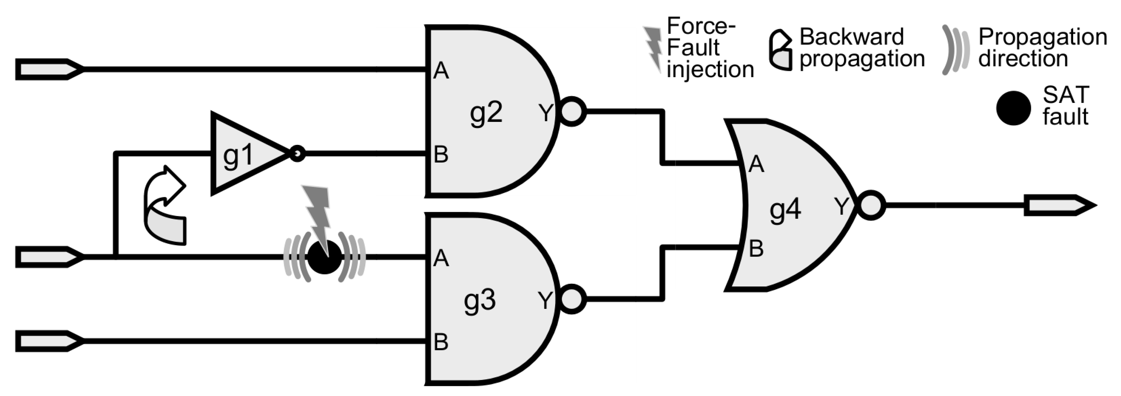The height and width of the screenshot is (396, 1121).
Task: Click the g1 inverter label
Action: click(x=237, y=155)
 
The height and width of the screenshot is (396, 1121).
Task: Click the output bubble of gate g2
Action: click(x=572, y=112)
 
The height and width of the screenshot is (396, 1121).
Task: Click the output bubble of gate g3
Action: click(x=572, y=299)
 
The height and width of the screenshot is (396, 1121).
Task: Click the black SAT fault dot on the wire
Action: click(x=325, y=258)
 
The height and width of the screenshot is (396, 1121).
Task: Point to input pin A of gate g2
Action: click(x=441, y=70)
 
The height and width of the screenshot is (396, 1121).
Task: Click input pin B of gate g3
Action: click(x=441, y=342)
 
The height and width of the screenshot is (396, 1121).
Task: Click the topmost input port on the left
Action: click(x=49, y=69)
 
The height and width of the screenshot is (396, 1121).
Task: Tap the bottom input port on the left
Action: click(x=49, y=341)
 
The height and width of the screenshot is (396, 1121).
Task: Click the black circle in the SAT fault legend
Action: click(x=1013, y=107)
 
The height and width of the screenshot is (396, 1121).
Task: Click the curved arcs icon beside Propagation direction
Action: click(x=956, y=49)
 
